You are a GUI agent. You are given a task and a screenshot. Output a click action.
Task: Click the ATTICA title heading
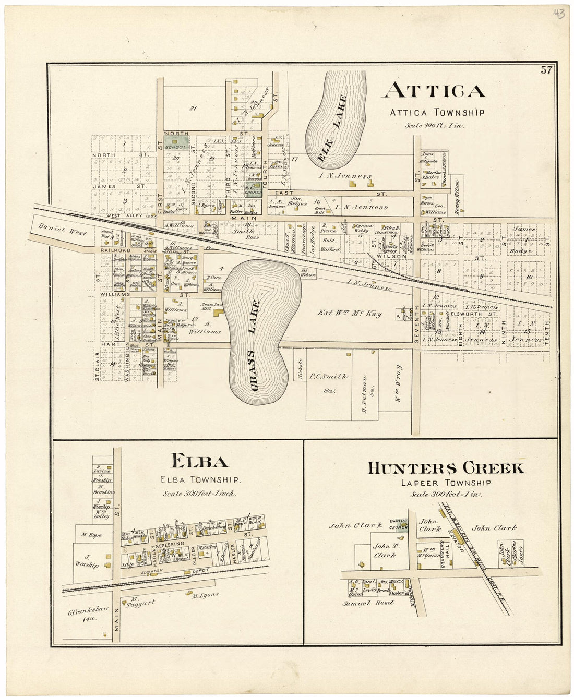click(434, 91)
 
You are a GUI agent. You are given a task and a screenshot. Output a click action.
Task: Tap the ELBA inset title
click(200, 461)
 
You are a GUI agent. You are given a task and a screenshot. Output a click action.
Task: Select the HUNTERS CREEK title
click(446, 468)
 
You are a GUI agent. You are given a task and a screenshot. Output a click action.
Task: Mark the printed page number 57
click(546, 70)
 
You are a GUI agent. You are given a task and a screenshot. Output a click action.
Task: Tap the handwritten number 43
click(558, 14)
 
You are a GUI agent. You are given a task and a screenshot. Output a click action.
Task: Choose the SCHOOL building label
click(174, 147)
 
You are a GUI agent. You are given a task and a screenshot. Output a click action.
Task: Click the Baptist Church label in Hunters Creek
click(399, 523)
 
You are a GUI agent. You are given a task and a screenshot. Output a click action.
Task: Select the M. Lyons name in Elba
click(205, 595)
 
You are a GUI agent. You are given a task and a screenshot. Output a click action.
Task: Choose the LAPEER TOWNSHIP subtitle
click(446, 483)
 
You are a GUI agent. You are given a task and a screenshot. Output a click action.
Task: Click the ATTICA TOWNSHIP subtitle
click(437, 112)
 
